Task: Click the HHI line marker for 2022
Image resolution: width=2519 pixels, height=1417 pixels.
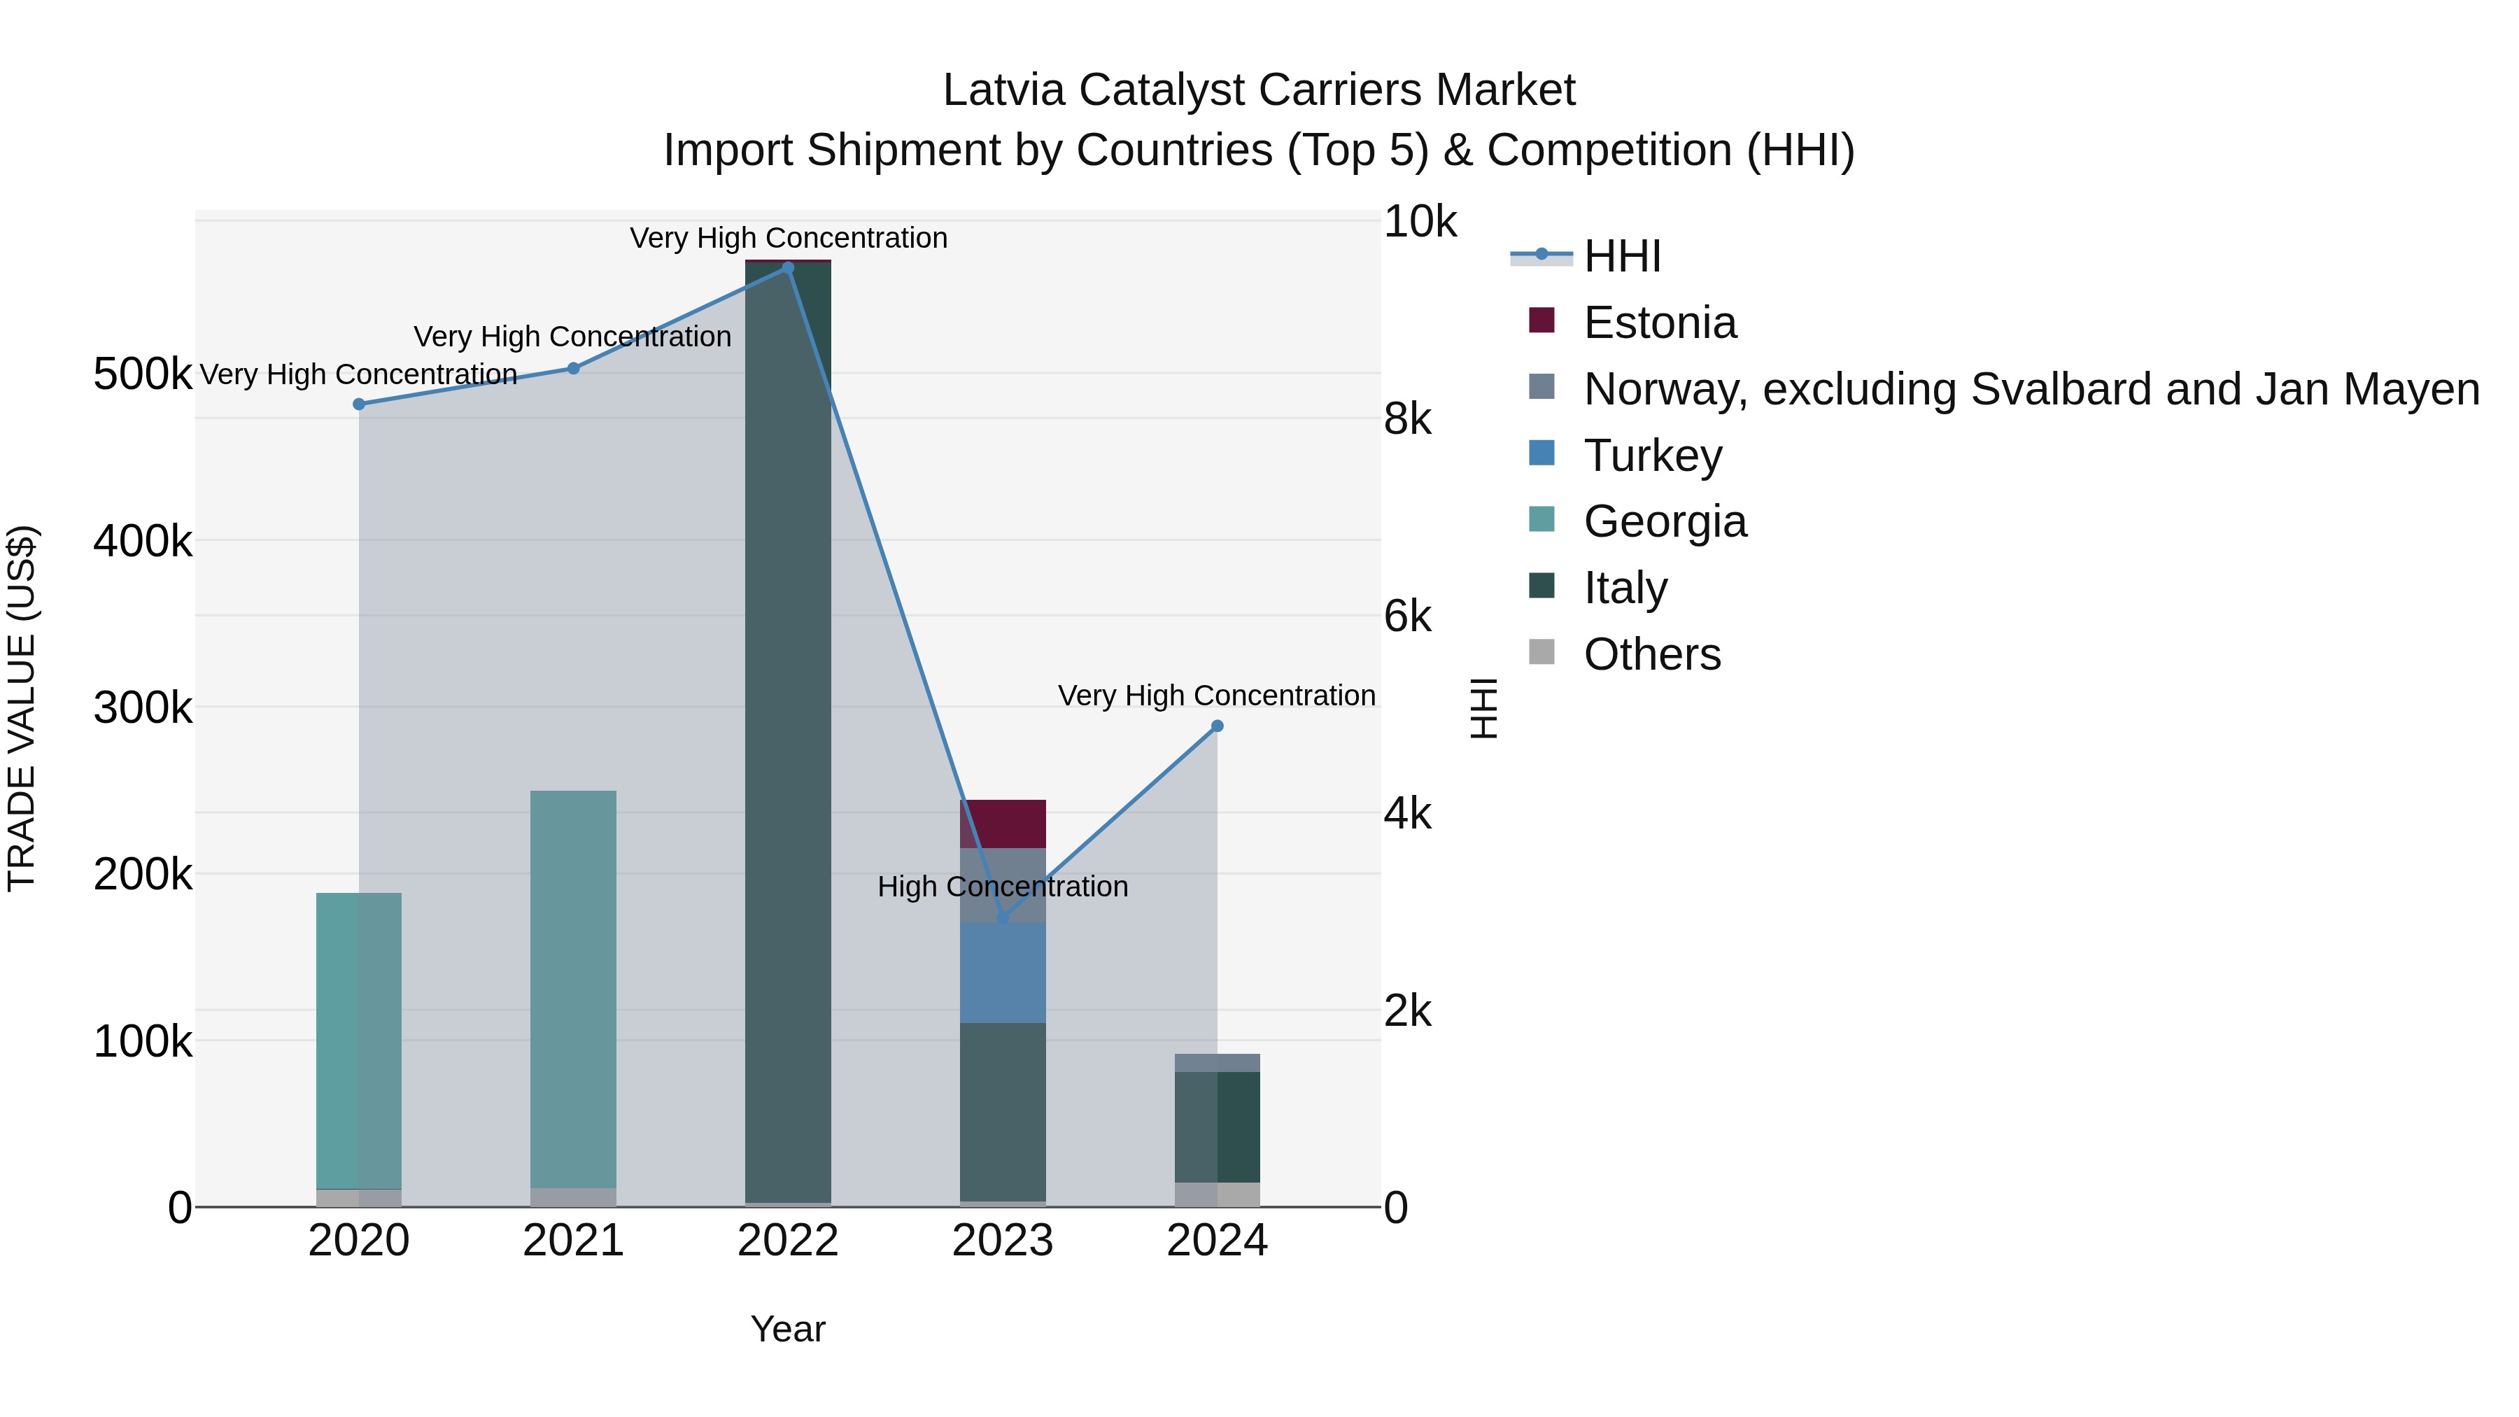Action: [x=788, y=268]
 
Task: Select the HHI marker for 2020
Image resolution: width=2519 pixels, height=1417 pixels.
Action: [x=359, y=404]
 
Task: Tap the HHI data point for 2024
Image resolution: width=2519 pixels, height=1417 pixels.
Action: [x=1218, y=726]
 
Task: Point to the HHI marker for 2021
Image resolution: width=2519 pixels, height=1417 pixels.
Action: [x=574, y=369]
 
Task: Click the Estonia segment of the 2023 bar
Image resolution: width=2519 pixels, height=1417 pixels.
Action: [x=1002, y=824]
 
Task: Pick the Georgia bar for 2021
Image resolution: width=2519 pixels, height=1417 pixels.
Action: [x=574, y=987]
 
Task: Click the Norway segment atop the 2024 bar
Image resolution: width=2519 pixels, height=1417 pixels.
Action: [x=1218, y=1063]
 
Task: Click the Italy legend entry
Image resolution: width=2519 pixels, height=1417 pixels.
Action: [x=1625, y=588]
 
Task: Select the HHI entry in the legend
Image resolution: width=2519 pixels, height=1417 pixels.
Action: [x=1621, y=256]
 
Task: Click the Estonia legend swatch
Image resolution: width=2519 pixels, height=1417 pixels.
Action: [x=1541, y=320]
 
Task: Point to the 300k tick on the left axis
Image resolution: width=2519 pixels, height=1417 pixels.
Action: [x=143, y=707]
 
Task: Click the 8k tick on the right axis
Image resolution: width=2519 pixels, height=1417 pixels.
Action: [x=1407, y=420]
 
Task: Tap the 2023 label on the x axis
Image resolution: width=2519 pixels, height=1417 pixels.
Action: [x=1002, y=1241]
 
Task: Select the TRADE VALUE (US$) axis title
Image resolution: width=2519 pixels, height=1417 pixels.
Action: [x=22, y=708]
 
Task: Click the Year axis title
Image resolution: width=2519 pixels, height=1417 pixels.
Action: [x=788, y=1329]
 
